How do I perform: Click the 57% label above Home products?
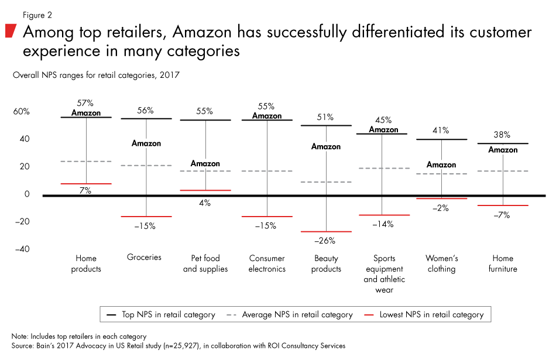(x=86, y=102)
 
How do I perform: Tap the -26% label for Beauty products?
(x=326, y=241)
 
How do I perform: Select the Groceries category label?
(x=144, y=258)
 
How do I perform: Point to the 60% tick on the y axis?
(x=21, y=112)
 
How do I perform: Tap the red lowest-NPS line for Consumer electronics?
(x=266, y=217)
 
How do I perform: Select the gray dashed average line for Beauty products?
(x=326, y=182)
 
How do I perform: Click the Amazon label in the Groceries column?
(x=146, y=143)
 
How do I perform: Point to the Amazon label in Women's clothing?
(x=441, y=165)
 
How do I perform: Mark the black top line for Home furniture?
(x=503, y=143)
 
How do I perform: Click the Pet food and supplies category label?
(x=205, y=263)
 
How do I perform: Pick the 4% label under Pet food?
(x=205, y=203)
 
